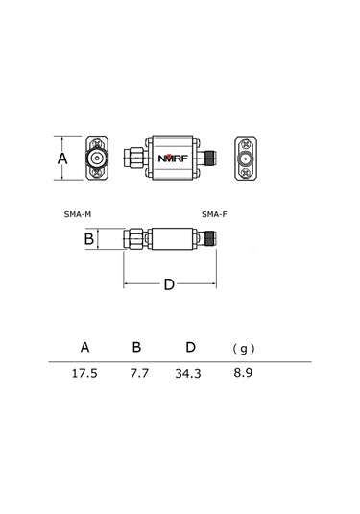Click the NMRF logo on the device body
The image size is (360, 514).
(173, 159)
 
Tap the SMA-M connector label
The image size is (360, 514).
(78, 214)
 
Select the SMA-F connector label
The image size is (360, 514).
(214, 214)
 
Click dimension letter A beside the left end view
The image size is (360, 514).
(62, 159)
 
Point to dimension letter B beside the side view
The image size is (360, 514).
(89, 239)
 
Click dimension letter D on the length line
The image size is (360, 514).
(169, 284)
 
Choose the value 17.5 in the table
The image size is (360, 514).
(84, 373)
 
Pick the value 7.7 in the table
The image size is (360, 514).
(139, 373)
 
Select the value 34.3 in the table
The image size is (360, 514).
(188, 374)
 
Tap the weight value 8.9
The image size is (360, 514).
(243, 373)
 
